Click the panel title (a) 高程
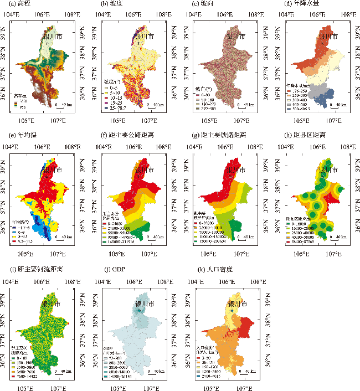(x=17, y=4)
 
